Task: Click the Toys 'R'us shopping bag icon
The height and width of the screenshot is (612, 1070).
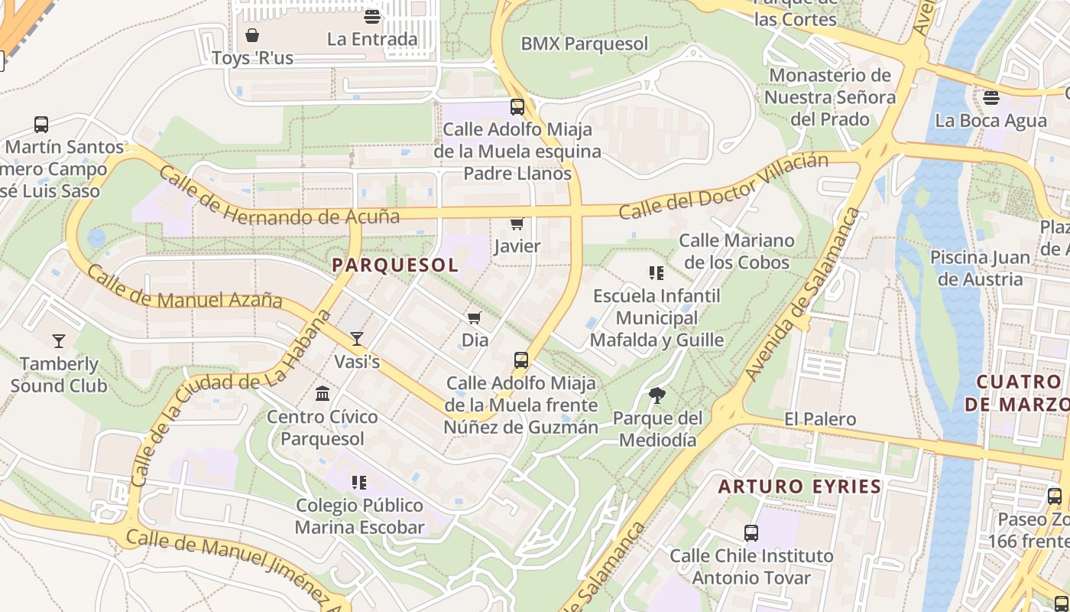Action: [252, 35]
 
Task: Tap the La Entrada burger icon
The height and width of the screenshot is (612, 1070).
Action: [372, 16]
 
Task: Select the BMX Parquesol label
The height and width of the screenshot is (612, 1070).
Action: [584, 44]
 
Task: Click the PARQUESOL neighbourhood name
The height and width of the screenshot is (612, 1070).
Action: [395, 265]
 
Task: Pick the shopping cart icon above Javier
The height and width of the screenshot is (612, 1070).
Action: [517, 223]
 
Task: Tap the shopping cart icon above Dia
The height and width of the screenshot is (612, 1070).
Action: [475, 317]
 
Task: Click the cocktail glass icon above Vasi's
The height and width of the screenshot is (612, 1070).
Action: [357, 338]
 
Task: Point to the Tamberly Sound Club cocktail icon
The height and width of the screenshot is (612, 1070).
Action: [59, 341]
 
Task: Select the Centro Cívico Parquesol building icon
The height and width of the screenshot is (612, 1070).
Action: [323, 394]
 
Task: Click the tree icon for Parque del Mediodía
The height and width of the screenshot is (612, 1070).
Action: [657, 396]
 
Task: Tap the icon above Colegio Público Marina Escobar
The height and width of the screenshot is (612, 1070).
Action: [359, 483]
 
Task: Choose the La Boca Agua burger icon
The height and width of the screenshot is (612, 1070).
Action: [991, 97]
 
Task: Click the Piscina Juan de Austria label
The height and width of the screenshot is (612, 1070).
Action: [980, 269]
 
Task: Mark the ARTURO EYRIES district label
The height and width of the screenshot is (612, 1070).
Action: [799, 487]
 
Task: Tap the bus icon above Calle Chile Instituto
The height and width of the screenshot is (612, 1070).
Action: [751, 533]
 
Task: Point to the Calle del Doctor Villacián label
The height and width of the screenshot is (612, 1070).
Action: [723, 186]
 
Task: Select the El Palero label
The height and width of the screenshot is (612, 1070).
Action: [820, 419]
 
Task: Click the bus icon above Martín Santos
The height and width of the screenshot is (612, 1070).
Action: [41, 124]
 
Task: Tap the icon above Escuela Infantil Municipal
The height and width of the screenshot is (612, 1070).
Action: [657, 272]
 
